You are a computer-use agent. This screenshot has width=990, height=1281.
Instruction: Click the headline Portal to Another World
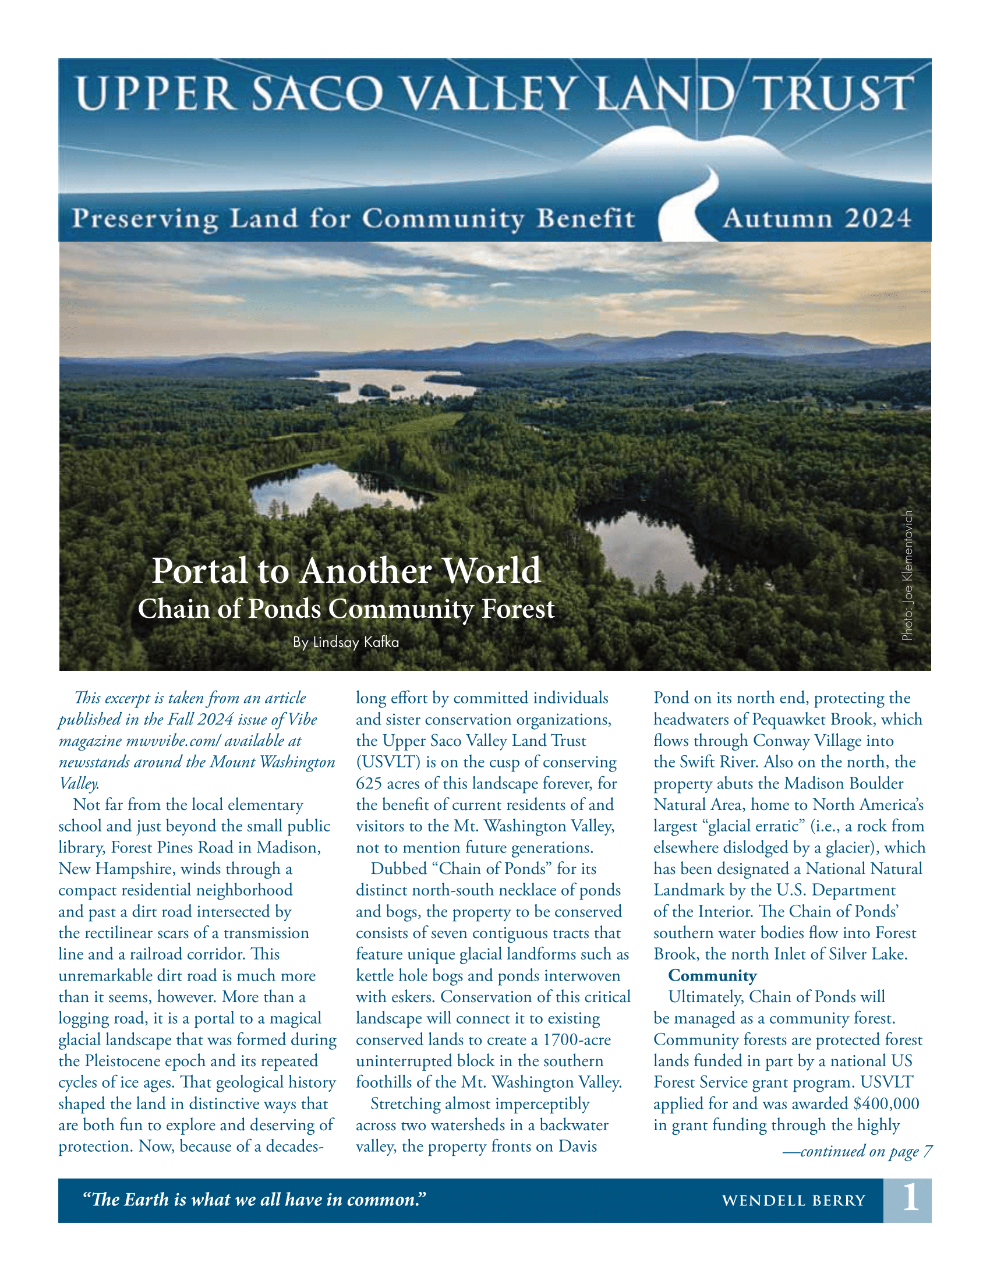click(346, 570)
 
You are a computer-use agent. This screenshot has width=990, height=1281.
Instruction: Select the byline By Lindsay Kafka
click(346, 642)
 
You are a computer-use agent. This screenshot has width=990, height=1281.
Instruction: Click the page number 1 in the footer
click(910, 1200)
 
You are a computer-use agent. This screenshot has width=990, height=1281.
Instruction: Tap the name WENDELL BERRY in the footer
click(794, 1201)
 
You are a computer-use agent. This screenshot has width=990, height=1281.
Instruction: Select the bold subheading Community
click(712, 975)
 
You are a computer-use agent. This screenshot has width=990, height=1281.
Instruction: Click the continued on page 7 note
click(857, 1151)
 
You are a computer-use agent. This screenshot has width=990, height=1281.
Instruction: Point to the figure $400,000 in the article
click(886, 1103)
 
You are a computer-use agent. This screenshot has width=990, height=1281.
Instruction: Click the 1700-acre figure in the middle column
click(577, 1039)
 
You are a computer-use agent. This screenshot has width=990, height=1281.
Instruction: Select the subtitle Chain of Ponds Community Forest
click(346, 609)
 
